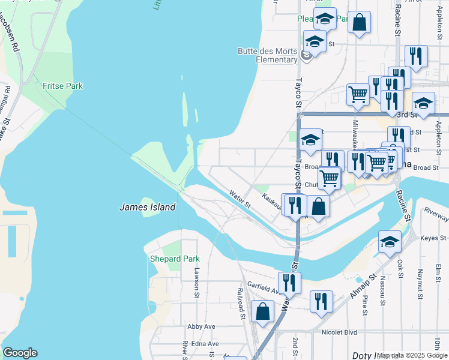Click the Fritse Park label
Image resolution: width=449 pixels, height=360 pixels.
point(62,86)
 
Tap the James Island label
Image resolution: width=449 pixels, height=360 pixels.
point(147,207)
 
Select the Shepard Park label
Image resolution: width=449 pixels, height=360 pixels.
point(174,259)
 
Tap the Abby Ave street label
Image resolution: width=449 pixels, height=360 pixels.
point(201,326)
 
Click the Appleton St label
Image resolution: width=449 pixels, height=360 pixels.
point(439,130)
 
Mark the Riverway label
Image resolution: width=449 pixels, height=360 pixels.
point(436,211)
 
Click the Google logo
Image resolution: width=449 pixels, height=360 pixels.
point(20,353)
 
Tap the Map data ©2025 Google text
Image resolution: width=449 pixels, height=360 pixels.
point(412,355)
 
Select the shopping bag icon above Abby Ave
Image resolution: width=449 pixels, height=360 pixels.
point(263,311)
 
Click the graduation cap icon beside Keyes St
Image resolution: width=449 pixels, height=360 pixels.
point(390,241)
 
